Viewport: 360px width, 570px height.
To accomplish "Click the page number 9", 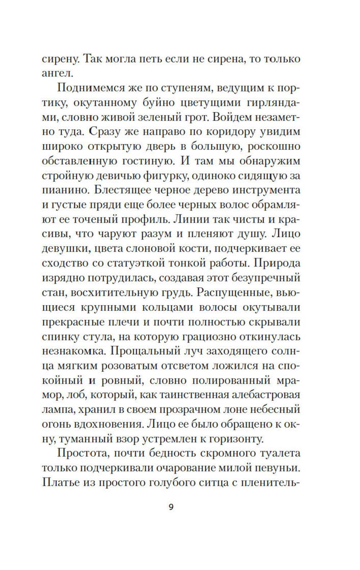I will [171, 507].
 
